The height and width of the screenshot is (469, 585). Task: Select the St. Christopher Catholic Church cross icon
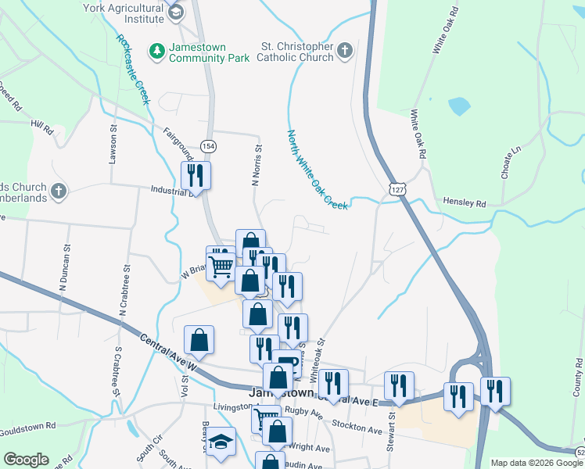click(x=345, y=52)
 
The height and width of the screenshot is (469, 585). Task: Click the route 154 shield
click(x=208, y=146)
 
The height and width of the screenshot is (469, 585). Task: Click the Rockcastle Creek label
click(x=132, y=70)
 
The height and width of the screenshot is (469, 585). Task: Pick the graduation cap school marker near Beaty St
click(x=221, y=442)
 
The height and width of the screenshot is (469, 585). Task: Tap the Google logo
click(x=26, y=460)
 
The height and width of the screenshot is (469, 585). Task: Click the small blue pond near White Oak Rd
click(x=459, y=105)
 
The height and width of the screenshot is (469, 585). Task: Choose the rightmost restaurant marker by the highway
click(x=495, y=392)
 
